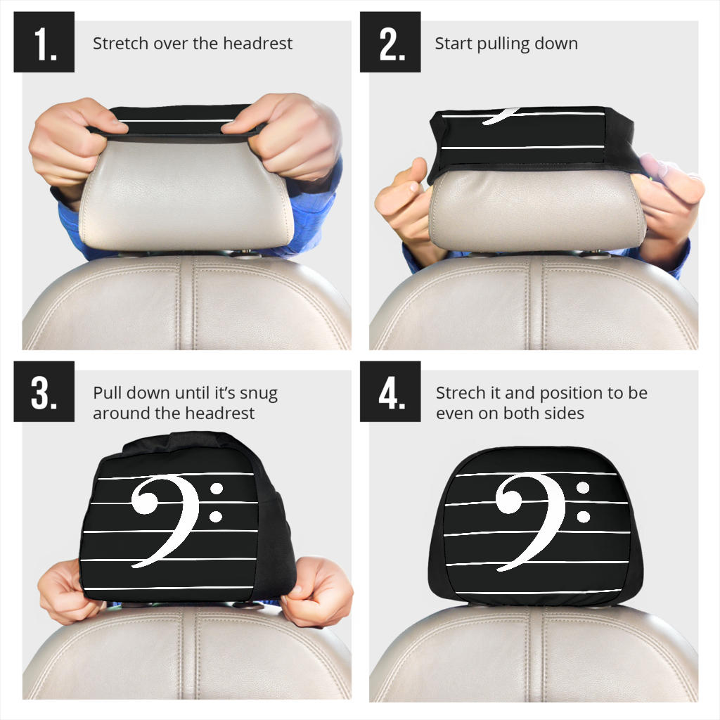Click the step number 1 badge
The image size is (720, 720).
(44, 42)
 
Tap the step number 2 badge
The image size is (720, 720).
(390, 42)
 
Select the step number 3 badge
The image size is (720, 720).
(44, 392)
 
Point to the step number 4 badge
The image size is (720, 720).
(390, 392)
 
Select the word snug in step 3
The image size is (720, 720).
(259, 393)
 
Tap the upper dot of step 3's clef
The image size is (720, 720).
(217, 488)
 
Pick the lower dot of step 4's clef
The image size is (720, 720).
(583, 517)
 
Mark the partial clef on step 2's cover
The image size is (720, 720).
(501, 115)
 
